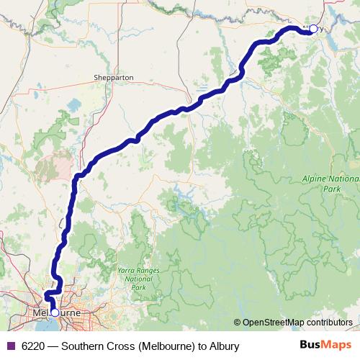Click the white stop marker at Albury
[x=312, y=29]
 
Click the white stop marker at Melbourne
[x=55, y=312]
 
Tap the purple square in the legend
[x=10, y=346]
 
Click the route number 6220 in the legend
[x=33, y=346]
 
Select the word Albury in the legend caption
[x=222, y=346]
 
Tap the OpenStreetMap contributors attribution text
[x=297, y=323]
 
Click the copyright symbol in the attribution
[x=237, y=323]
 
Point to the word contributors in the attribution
[x=328, y=323]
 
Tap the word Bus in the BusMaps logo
[x=310, y=346]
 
